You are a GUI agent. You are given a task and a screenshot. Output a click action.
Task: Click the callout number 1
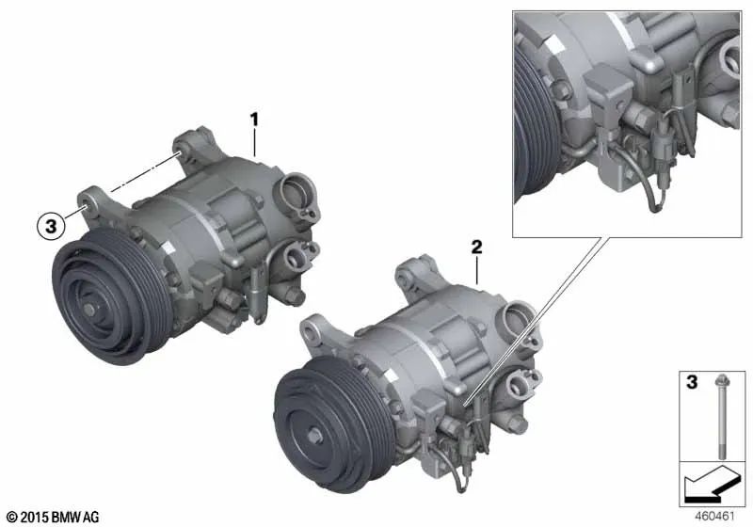pyautogui.click(x=253, y=120)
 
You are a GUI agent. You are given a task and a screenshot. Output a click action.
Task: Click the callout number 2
pyautogui.click(x=477, y=248)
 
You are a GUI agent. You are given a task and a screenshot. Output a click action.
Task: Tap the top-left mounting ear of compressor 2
pyautogui.click(x=311, y=329)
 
